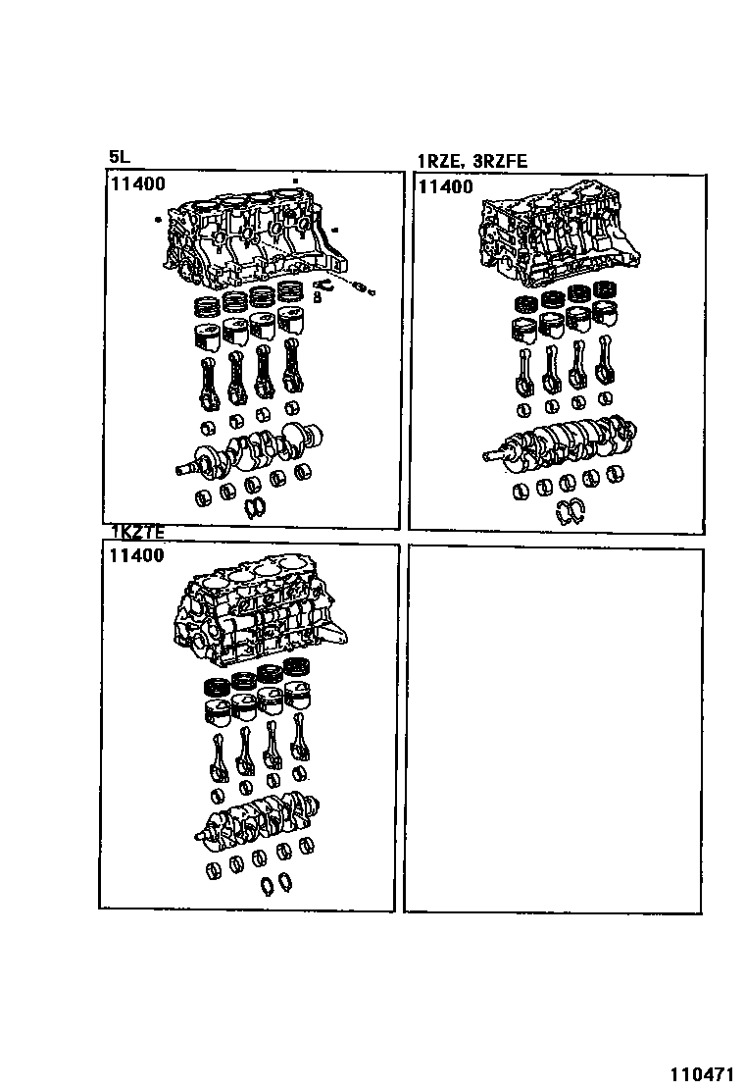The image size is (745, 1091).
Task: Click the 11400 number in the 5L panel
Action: pos(136,183)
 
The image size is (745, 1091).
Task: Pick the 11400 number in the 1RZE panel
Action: pos(445,186)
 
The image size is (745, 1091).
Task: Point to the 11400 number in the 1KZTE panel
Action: pos(136,555)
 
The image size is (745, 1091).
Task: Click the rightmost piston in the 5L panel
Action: pos(291,326)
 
